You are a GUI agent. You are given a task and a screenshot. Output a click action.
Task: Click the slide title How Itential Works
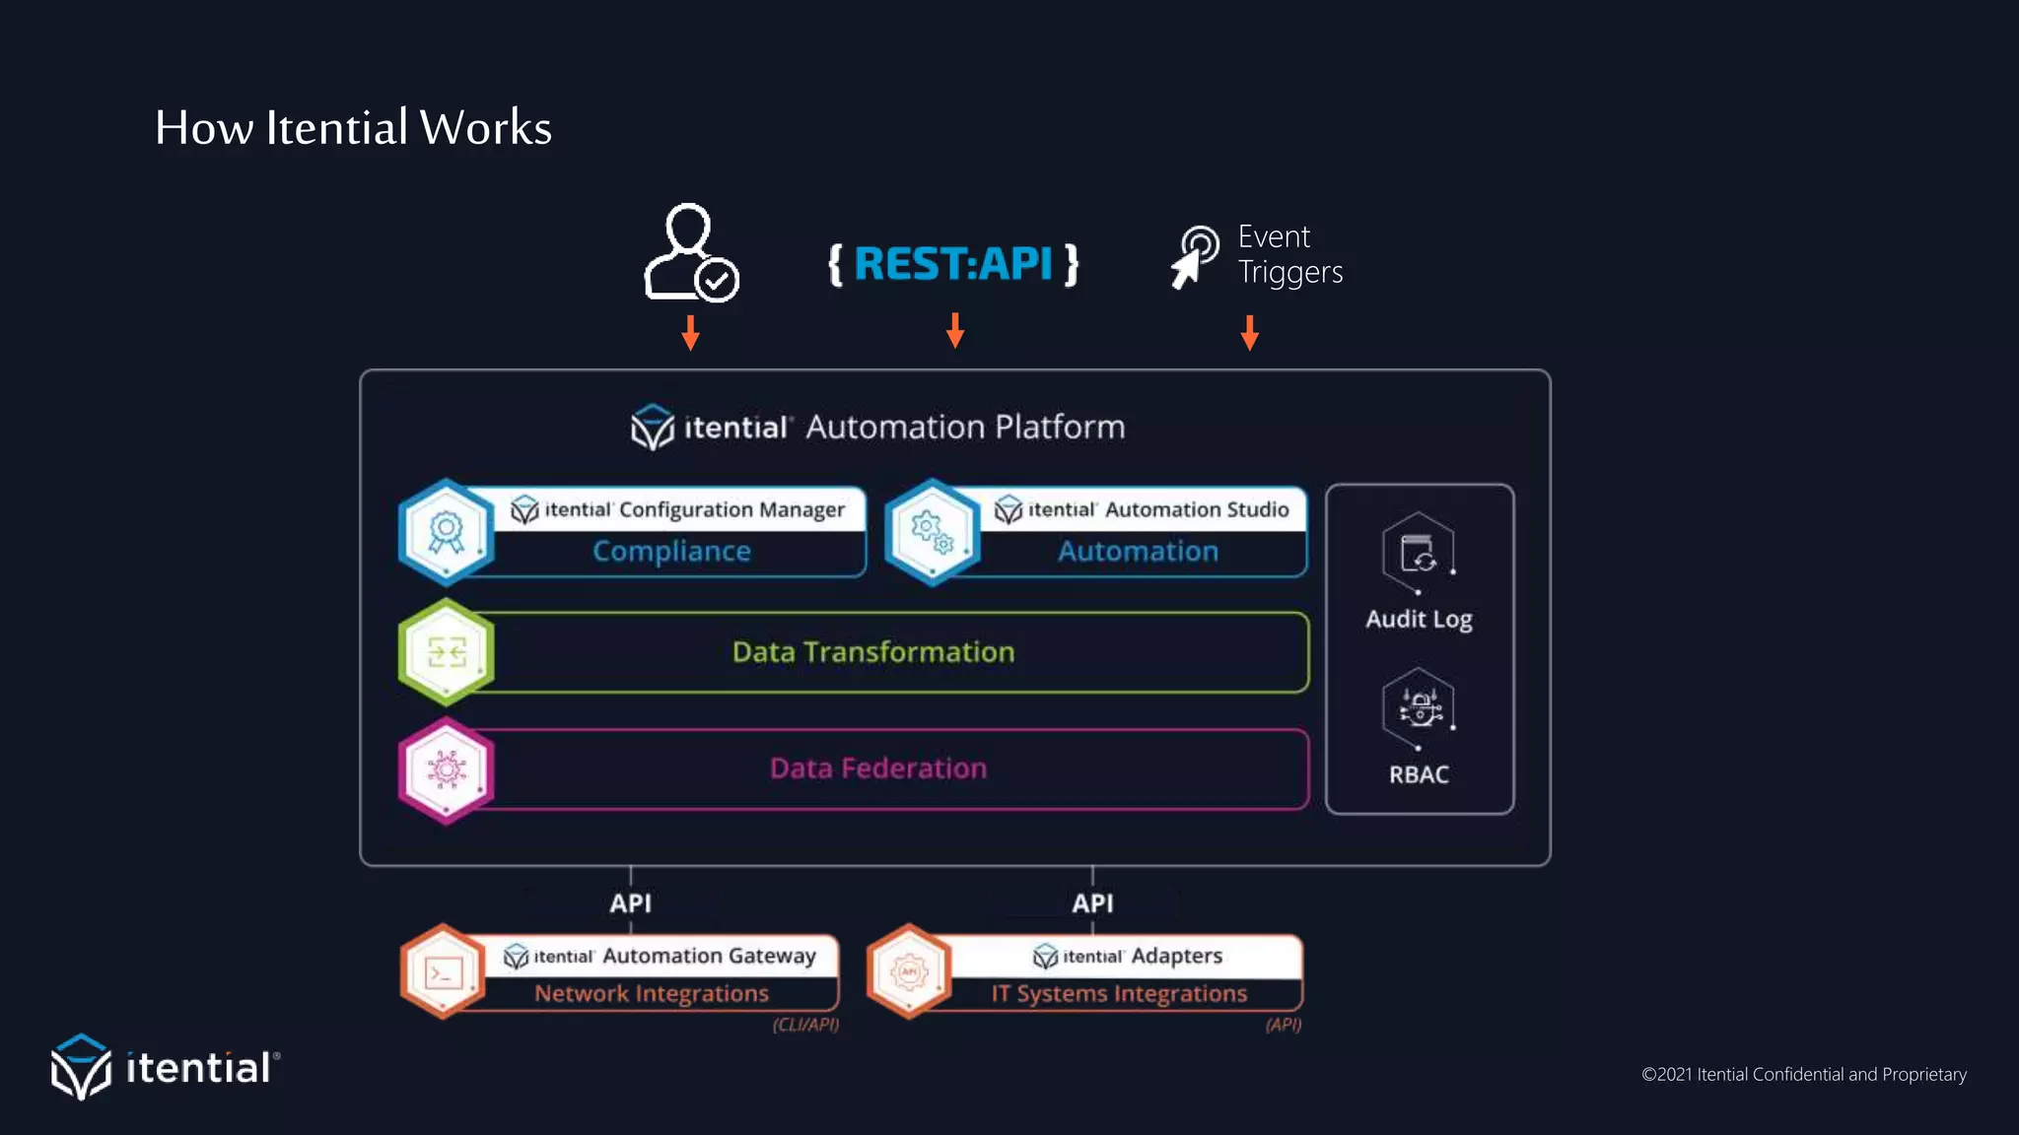[353, 128]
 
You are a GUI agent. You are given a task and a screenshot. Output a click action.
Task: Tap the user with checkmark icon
[690, 253]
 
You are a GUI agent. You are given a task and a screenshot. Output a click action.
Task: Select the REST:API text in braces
[953, 264]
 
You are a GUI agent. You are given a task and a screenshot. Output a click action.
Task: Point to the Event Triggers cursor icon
[1195, 256]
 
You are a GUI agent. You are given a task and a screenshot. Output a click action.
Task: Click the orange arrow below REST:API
[954, 330]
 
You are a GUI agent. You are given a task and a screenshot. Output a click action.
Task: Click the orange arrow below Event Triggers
[1249, 333]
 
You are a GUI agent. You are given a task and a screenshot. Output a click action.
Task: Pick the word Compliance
[671, 552]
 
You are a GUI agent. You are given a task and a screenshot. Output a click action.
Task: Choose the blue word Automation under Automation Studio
[1138, 552]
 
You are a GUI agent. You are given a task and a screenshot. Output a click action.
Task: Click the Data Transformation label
[872, 652]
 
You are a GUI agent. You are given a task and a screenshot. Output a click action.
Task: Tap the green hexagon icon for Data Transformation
[447, 652]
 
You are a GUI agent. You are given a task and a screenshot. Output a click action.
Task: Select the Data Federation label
[877, 768]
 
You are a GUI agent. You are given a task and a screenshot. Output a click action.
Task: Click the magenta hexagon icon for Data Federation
[447, 769]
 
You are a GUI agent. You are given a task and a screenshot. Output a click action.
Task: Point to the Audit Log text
[1419, 619]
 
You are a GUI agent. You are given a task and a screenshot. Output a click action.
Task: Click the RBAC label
[1419, 774]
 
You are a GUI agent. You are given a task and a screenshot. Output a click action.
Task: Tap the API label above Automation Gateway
[630, 903]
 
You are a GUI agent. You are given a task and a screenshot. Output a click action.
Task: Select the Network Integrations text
[651, 993]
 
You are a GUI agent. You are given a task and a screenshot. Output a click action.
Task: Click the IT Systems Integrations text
[1119, 993]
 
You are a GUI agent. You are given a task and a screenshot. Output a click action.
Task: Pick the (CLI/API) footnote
[805, 1025]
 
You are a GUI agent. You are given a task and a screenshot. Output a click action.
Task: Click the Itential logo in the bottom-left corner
[165, 1067]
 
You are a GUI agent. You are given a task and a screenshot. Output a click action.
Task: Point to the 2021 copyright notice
[1803, 1074]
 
